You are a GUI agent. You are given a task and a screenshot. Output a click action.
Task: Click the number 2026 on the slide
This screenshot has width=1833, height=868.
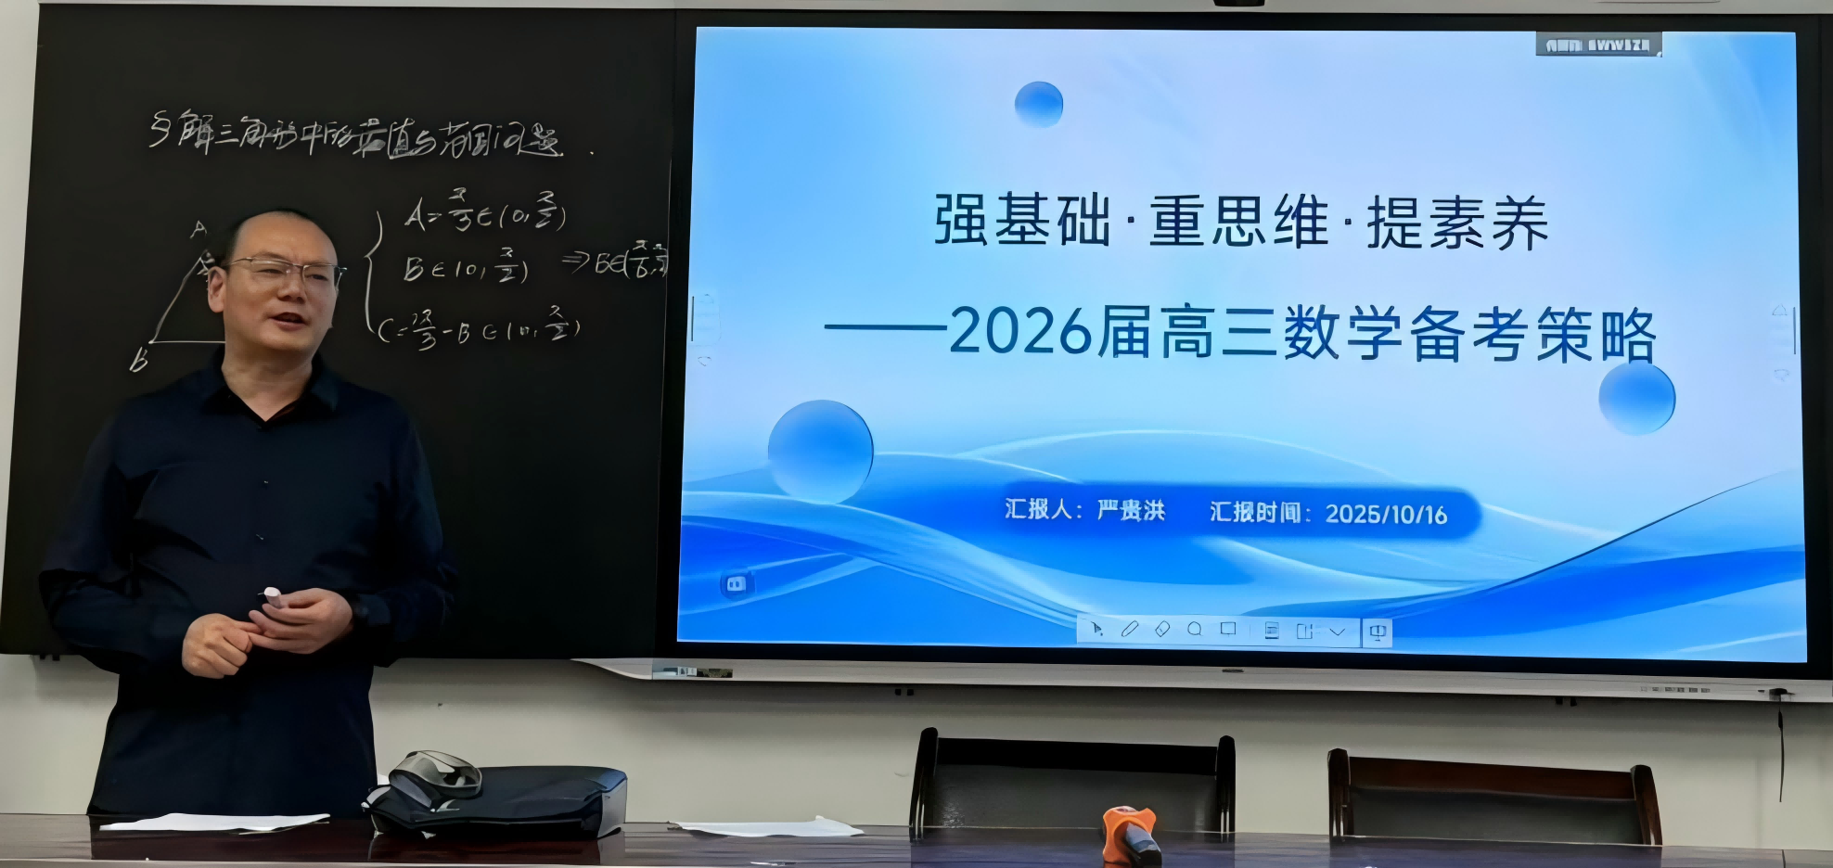coord(1020,332)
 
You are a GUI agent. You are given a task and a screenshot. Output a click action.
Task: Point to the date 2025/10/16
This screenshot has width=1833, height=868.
coord(1386,515)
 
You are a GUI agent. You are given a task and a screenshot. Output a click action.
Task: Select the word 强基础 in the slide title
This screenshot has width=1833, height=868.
coord(1021,221)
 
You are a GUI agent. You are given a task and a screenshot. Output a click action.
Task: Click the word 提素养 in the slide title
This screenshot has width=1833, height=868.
coord(1457,223)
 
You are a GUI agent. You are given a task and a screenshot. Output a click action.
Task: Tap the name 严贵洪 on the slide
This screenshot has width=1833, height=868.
coord(1131,511)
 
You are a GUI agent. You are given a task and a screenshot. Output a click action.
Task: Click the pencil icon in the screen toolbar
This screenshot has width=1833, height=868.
coord(1129,630)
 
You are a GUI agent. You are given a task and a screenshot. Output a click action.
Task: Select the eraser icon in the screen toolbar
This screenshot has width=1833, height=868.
coord(1162,630)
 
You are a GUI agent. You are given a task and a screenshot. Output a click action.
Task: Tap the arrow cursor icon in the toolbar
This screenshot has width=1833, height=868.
coord(1096,630)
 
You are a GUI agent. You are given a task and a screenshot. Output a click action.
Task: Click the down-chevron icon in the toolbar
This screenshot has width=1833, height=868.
coord(1337,632)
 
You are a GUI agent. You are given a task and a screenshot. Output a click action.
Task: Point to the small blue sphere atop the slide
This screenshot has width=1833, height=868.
coord(1038,104)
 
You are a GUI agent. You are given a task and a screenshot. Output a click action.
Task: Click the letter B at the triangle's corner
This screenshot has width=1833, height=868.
coord(139,360)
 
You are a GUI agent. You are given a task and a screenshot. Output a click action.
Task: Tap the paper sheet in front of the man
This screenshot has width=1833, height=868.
coord(213,822)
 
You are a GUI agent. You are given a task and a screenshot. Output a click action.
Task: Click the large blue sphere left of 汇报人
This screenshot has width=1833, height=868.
coord(820,450)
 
